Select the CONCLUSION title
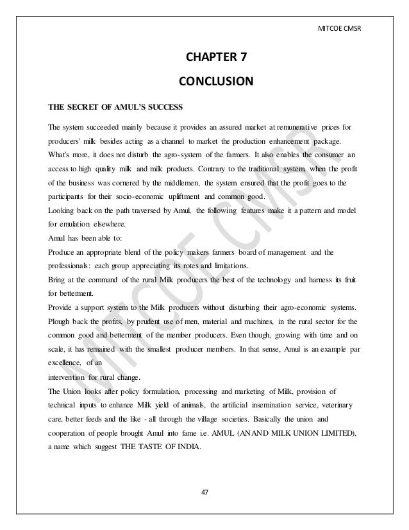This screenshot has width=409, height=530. (215, 81)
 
